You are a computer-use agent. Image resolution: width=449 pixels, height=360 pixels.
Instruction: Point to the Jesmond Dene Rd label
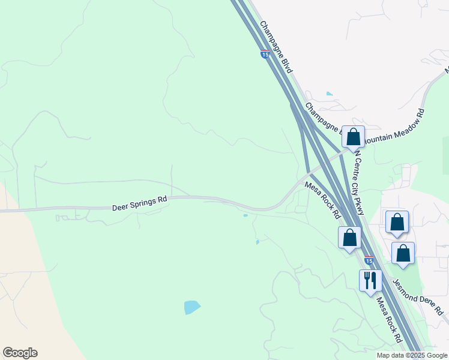[418, 296]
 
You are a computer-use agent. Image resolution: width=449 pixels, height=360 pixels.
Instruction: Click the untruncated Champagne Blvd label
[276, 47]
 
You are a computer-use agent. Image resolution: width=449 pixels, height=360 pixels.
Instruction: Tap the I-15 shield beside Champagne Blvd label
[265, 55]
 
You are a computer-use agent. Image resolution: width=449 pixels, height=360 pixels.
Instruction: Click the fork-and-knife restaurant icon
[369, 280]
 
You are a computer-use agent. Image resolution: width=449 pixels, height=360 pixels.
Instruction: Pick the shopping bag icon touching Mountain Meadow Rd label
[353, 137]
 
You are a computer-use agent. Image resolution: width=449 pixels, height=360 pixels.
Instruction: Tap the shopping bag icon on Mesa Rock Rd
[349, 238]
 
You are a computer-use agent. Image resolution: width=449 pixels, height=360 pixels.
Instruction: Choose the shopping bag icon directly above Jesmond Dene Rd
[403, 253]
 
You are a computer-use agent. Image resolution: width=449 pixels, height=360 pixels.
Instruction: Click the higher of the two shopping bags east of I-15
[397, 222]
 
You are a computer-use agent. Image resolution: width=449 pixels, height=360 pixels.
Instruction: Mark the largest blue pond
[192, 307]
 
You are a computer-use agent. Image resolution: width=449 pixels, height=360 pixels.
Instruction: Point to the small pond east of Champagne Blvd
[329, 94]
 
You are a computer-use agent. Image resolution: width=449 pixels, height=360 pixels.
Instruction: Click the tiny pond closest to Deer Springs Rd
[245, 215]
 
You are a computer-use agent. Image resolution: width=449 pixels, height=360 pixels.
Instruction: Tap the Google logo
[20, 353]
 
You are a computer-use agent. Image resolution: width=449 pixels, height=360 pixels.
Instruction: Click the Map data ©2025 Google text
[411, 355]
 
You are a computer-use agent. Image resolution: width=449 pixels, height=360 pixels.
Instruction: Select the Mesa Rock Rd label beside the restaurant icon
[389, 320]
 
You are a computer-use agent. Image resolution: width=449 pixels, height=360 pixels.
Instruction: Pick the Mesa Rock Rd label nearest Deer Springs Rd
[323, 200]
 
